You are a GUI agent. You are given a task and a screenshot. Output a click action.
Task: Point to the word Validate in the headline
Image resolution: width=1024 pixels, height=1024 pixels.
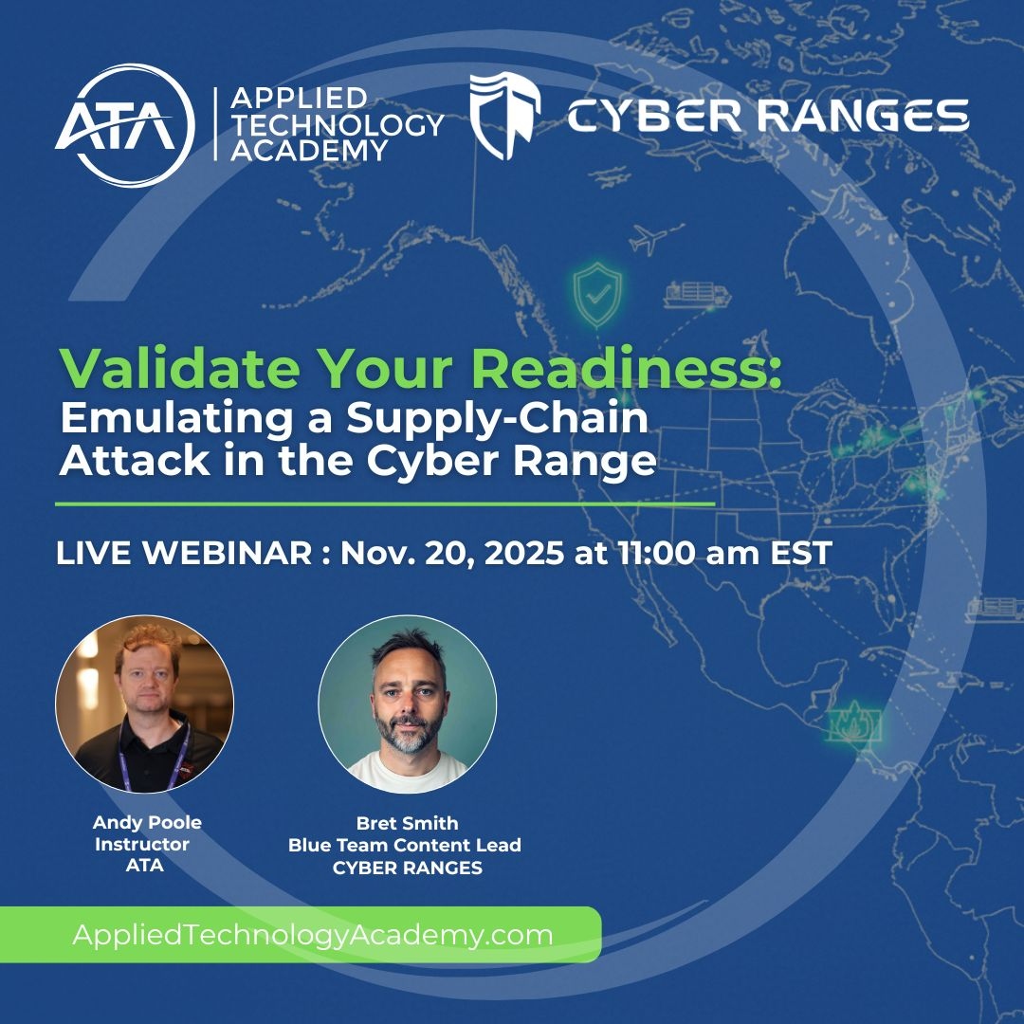pyautogui.click(x=161, y=369)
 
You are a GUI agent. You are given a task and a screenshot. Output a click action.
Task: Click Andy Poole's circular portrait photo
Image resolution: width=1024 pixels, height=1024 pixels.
pyautogui.click(x=144, y=704)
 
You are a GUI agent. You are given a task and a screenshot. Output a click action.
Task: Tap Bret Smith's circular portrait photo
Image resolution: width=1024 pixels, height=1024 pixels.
pyautogui.click(x=407, y=704)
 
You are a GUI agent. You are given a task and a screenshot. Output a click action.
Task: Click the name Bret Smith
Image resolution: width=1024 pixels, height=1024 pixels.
pyautogui.click(x=407, y=823)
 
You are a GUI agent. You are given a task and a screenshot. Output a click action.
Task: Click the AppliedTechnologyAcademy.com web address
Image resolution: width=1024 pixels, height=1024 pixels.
pyautogui.click(x=313, y=935)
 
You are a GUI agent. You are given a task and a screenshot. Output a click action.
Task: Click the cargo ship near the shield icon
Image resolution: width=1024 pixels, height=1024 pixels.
pyautogui.click(x=697, y=294)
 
